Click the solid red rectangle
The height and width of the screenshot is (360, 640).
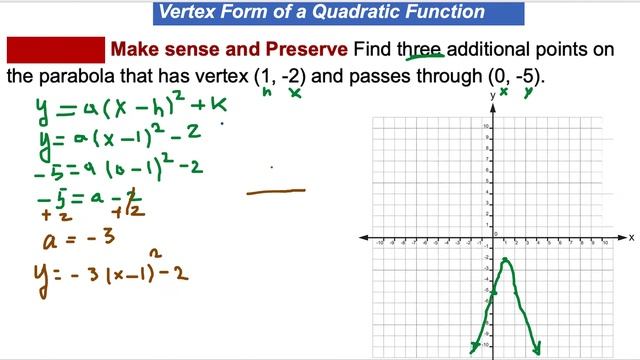pos(56,50)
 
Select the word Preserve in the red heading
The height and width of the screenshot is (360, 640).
pos(299,50)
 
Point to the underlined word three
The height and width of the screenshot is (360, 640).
pos(422,50)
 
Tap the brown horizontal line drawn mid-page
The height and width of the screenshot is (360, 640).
pos(276,190)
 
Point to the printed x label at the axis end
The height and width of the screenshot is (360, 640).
pos(631,237)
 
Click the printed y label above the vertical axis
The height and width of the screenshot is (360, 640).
pos(492,94)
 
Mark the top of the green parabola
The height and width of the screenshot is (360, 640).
pos(507,261)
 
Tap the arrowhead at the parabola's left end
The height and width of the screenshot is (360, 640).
pos(475,348)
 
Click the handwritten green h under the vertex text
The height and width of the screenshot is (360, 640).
pos(268,92)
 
